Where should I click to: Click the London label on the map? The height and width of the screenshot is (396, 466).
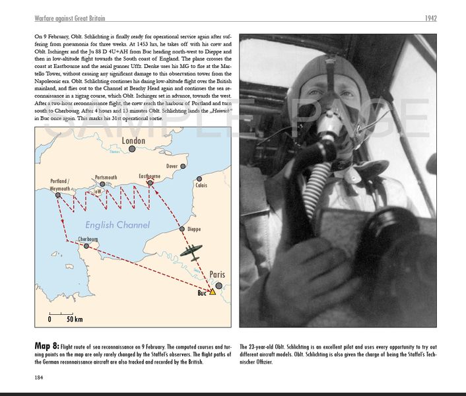133,141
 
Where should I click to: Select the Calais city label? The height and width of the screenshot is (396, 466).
201,185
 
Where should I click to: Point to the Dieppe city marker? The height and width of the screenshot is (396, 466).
182,229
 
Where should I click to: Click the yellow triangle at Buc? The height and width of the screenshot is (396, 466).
213,291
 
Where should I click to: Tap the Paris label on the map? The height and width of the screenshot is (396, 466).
216,275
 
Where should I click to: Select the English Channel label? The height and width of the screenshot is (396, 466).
117,225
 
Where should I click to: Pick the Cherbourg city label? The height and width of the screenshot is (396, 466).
88,239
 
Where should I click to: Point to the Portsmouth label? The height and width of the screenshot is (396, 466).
106,178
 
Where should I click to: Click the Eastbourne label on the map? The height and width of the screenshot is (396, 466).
149,176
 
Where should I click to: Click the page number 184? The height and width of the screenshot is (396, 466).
40,378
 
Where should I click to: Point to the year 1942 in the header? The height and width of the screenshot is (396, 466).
430,18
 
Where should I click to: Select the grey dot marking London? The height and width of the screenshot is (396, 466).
132,149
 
